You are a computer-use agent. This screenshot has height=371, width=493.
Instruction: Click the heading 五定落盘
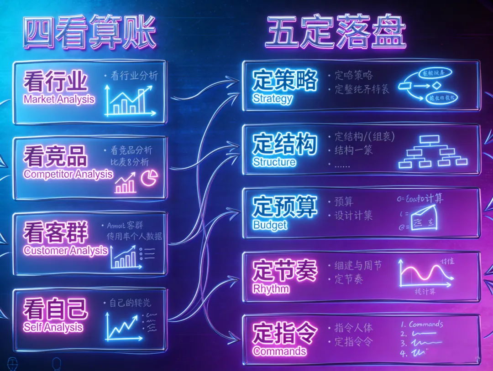tap(336, 33)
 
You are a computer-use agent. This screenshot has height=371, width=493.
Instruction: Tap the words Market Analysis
tap(59, 99)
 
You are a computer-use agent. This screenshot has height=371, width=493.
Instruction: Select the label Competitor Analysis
tap(68, 174)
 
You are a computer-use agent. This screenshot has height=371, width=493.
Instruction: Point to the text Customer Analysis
tap(66, 250)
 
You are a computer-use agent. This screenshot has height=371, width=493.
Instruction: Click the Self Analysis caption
tap(53, 327)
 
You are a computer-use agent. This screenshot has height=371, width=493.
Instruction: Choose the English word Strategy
tap(273, 98)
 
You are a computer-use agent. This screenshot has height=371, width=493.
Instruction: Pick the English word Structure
tap(274, 162)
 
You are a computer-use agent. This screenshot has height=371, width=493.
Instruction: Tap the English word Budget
tap(270, 225)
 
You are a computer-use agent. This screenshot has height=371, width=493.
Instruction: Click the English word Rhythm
tap(271, 289)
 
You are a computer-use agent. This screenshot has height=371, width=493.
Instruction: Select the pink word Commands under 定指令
tap(279, 351)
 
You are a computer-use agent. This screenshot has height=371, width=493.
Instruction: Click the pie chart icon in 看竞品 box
tap(149, 178)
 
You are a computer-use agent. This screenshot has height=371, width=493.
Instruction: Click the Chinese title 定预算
tap(284, 207)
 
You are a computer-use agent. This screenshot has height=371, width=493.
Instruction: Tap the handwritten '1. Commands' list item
tap(422, 325)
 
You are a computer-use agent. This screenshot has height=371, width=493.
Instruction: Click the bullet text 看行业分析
tap(134, 76)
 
